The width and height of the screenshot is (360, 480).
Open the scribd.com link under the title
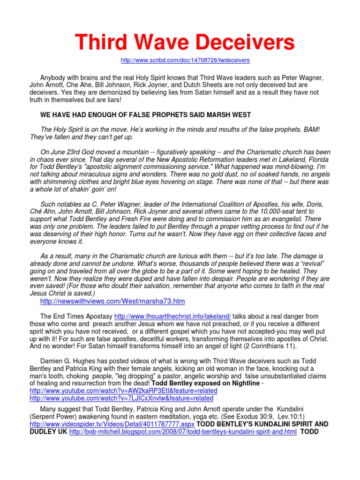tap(185, 60)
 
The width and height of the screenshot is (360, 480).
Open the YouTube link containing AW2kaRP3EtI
tap(123, 390)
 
